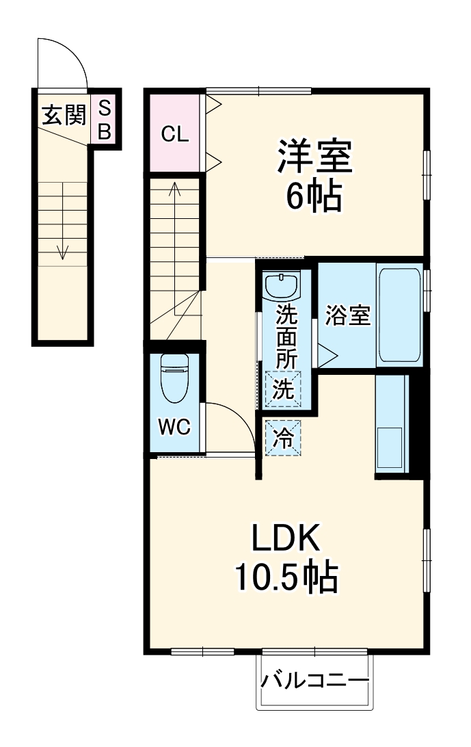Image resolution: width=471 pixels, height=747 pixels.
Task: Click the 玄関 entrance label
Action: click(64, 115)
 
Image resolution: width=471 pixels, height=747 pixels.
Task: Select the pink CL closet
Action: click(174, 133)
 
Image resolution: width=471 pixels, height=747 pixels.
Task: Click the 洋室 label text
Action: click(314, 156)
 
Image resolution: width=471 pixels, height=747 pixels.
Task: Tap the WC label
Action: click(174, 426)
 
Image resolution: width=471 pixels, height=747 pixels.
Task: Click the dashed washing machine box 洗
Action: click(284, 389)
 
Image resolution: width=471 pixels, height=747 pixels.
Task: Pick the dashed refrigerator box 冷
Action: click(284, 438)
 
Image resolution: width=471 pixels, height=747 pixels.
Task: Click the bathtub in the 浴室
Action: click(399, 315)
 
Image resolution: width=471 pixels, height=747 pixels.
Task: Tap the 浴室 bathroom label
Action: click(348, 315)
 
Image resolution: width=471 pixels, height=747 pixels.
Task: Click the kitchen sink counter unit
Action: click(392, 423)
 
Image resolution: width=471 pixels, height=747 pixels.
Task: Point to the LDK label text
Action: click(285, 538)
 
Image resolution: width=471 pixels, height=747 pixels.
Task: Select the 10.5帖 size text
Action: click(286, 577)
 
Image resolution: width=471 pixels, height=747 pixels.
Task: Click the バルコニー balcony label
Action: click(314, 680)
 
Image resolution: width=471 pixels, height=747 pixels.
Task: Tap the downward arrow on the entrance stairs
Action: click(63, 221)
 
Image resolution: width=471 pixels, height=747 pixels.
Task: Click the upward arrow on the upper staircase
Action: click(175, 248)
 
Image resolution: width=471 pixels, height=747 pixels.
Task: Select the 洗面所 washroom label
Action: click(286, 337)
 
